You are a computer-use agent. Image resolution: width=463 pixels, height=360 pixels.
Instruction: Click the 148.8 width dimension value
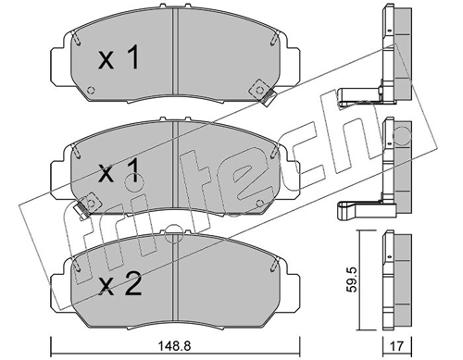point(175,346)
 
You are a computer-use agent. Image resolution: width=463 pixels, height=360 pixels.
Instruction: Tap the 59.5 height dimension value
point(352,279)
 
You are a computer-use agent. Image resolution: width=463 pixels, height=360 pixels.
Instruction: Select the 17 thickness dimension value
point(396,346)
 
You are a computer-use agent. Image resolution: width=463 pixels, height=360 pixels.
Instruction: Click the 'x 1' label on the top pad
point(119,58)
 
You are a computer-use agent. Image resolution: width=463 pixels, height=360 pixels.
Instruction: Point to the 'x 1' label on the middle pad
point(119,172)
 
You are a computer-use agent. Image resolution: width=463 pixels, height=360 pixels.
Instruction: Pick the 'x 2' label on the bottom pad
point(119,285)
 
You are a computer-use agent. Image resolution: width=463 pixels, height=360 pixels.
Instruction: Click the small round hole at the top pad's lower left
point(91,91)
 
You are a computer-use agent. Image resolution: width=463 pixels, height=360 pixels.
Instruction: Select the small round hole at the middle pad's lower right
point(259,203)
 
